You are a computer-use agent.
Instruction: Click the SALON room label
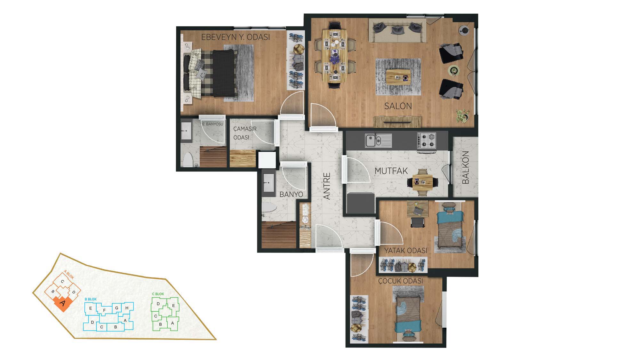tap(398, 106)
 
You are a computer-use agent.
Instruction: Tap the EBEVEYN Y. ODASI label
tap(236, 37)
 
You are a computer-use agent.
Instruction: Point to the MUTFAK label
tap(391, 171)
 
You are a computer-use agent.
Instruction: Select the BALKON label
tap(466, 167)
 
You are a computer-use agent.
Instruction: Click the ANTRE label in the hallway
tap(327, 186)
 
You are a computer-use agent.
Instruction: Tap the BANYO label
tap(291, 194)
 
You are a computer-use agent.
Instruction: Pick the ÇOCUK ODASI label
tap(400, 281)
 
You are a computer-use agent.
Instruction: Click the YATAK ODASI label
tap(406, 251)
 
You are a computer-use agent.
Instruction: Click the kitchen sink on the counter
tap(378, 140)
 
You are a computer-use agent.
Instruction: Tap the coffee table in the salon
tap(398, 77)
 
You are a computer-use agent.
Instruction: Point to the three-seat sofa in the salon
tap(397, 30)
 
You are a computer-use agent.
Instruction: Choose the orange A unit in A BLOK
tap(62, 302)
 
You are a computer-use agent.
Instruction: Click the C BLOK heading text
tap(158, 294)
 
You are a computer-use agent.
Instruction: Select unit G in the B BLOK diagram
tap(117, 308)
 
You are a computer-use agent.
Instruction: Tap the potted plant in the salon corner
tap(462, 116)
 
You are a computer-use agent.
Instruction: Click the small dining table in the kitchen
tap(422, 182)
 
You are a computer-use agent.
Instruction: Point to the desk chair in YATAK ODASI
tap(417, 222)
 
